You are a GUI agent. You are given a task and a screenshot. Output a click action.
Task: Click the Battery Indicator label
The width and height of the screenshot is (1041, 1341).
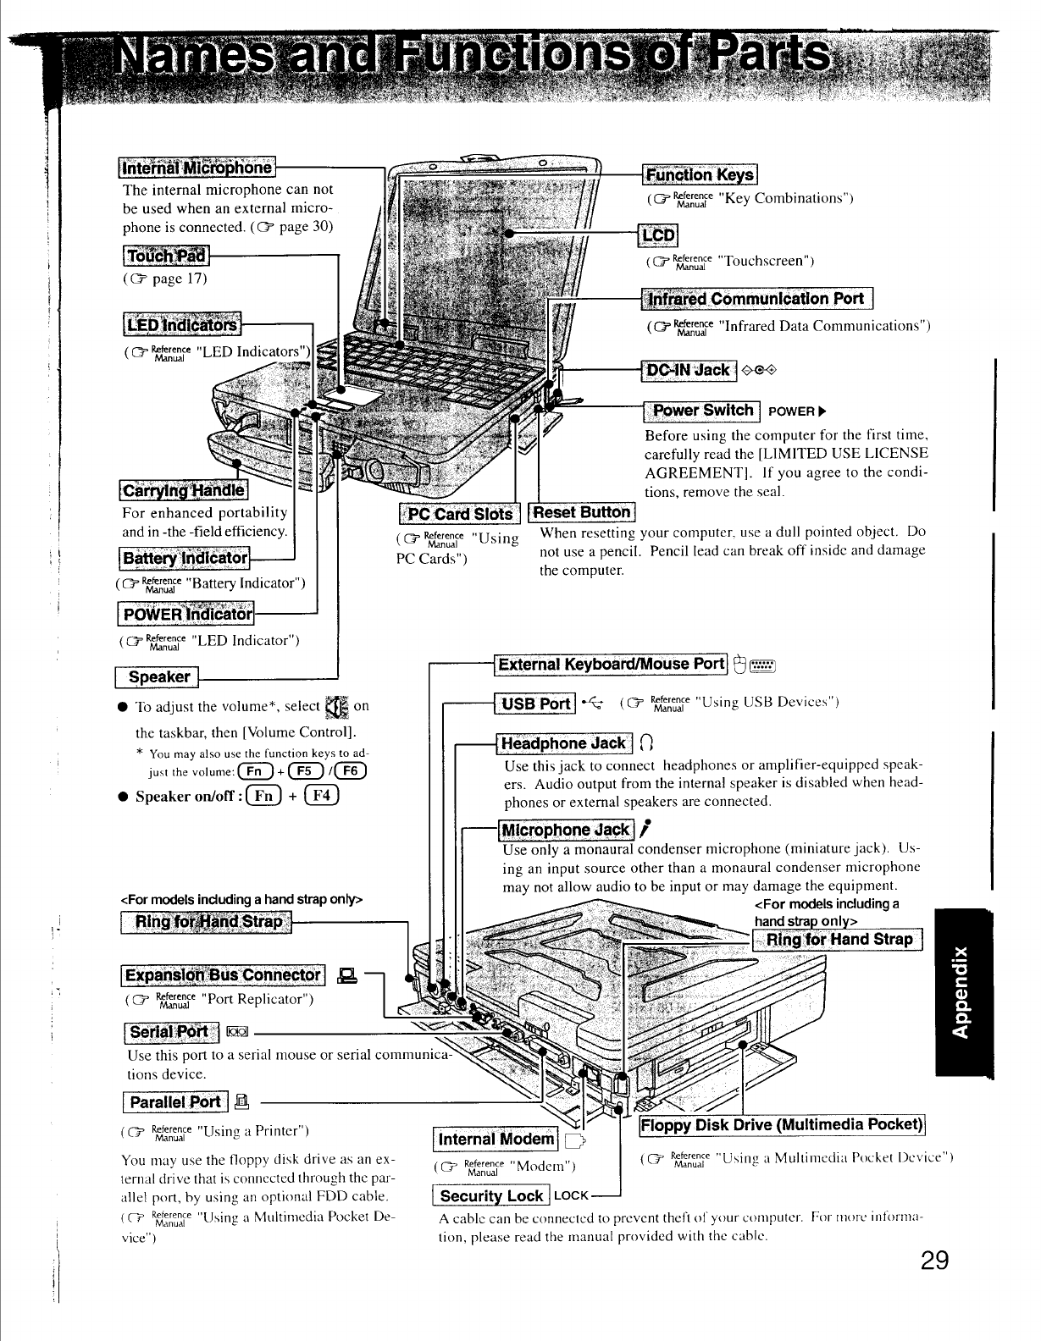[185, 559]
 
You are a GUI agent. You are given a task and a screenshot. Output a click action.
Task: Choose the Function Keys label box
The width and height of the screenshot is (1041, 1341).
[700, 175]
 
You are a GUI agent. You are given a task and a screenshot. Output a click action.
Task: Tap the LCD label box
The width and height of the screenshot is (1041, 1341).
[659, 235]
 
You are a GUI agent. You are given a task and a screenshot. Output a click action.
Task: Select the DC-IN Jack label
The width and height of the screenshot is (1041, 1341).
[688, 370]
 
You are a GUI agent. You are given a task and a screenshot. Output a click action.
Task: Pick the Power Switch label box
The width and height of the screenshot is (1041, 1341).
[702, 411]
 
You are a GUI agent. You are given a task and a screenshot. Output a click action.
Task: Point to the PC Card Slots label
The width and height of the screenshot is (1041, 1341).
[460, 514]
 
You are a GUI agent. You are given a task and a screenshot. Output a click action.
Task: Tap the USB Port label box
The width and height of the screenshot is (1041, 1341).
[534, 704]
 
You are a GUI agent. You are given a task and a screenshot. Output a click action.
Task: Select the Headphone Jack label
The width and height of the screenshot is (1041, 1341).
[564, 743]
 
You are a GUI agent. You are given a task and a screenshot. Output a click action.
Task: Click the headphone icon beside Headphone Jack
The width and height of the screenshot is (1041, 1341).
[648, 744]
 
